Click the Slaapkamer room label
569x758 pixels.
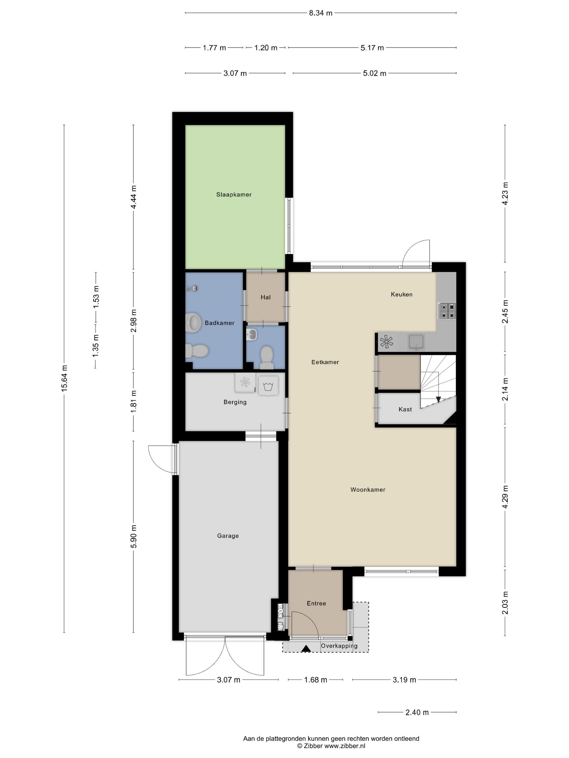[234, 195]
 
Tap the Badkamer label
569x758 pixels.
[219, 323]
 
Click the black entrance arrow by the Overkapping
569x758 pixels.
[306, 648]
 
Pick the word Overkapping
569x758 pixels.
[339, 646]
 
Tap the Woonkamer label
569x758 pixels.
[368, 490]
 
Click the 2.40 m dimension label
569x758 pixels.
[417, 713]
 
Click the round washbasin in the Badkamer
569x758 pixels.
[194, 322]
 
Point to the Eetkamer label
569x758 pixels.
[325, 362]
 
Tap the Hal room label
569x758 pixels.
[266, 298]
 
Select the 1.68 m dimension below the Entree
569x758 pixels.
[316, 680]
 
